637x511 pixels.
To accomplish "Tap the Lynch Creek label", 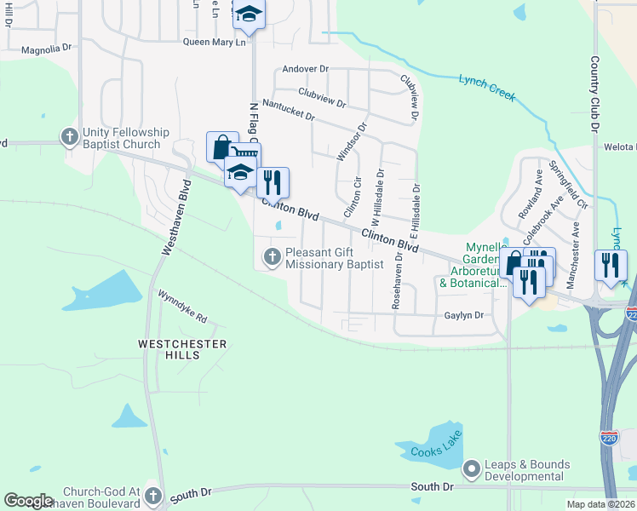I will click(487, 87).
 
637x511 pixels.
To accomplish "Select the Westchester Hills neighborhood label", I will click(183, 349).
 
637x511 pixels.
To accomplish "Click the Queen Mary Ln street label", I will click(215, 41).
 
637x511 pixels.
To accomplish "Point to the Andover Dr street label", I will click(306, 68).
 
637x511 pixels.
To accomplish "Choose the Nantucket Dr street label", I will click(289, 109).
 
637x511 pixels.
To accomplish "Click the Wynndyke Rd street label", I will click(182, 306).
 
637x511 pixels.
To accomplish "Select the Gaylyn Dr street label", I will click(463, 315).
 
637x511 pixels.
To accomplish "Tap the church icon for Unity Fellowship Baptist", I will click(69, 136).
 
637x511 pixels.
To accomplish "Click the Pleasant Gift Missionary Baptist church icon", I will click(272, 256).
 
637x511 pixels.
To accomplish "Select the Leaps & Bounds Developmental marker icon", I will click(471, 469).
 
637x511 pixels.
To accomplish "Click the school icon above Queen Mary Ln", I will click(249, 14).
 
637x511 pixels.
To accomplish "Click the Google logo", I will click(29, 501).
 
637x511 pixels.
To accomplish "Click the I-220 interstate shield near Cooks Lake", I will click(609, 439).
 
